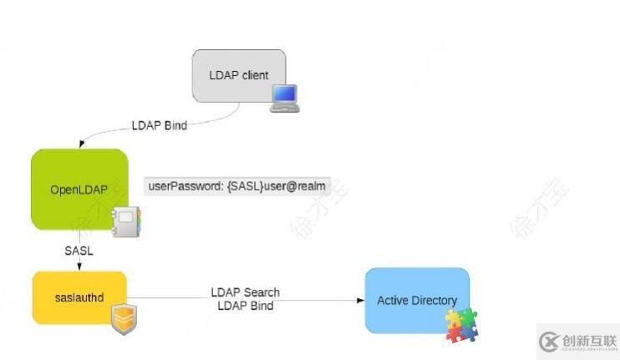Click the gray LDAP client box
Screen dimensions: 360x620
238,75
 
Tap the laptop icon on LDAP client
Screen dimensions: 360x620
284,98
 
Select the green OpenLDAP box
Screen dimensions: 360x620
79,189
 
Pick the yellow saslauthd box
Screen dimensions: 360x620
79,297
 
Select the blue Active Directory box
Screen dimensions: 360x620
416,300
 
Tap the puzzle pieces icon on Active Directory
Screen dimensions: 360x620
461,326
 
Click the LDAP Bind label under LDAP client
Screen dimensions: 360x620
159,125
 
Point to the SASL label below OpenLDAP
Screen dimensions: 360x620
79,250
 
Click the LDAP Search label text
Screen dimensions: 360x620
245,292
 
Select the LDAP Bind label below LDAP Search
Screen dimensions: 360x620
245,306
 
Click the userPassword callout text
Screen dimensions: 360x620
247,186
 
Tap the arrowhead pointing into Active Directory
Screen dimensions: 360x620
359,300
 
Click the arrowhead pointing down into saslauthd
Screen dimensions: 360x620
79,267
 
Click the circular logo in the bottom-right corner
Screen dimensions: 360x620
549,341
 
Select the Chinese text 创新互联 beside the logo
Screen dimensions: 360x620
589,341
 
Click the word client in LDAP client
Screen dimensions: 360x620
253,75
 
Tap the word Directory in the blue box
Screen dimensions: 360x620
435,300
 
